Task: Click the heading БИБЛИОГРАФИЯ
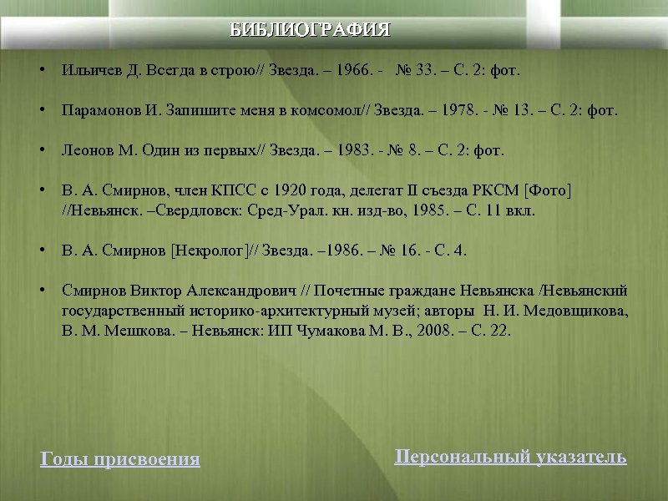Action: [311, 31]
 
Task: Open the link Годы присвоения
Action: [120, 459]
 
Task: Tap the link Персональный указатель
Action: [510, 457]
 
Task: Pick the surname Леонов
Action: [83, 151]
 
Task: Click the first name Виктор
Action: [156, 291]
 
